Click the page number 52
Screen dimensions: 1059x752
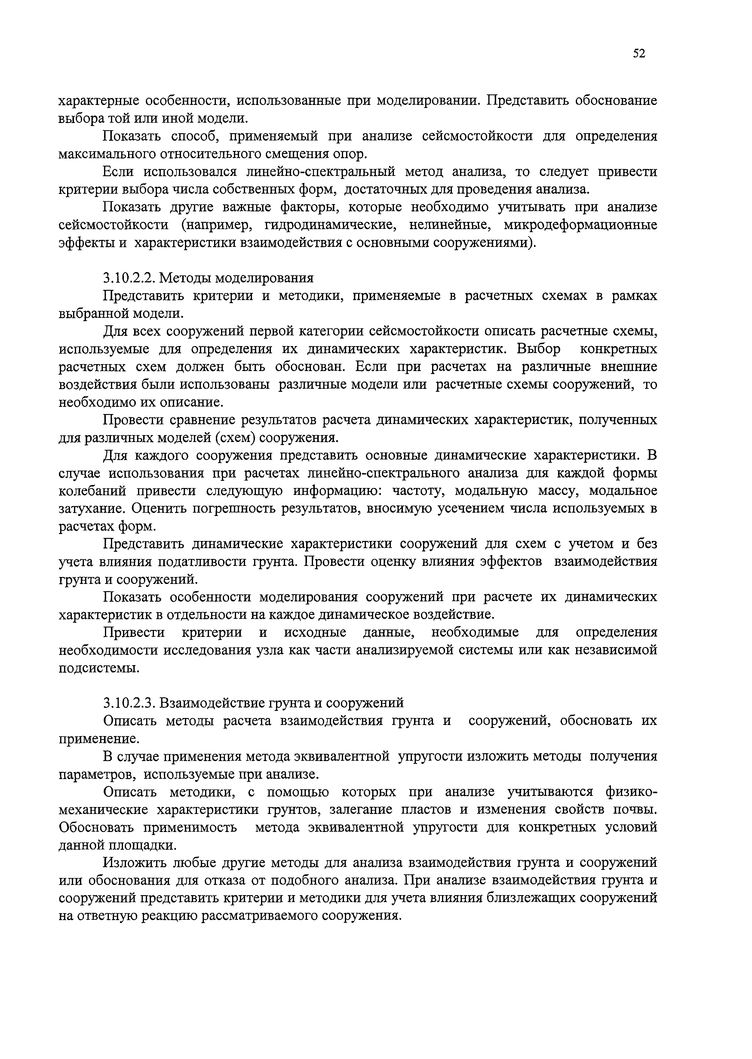tap(639, 54)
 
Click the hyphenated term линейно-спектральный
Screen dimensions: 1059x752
tap(321, 172)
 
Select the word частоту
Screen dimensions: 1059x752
tap(418, 490)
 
